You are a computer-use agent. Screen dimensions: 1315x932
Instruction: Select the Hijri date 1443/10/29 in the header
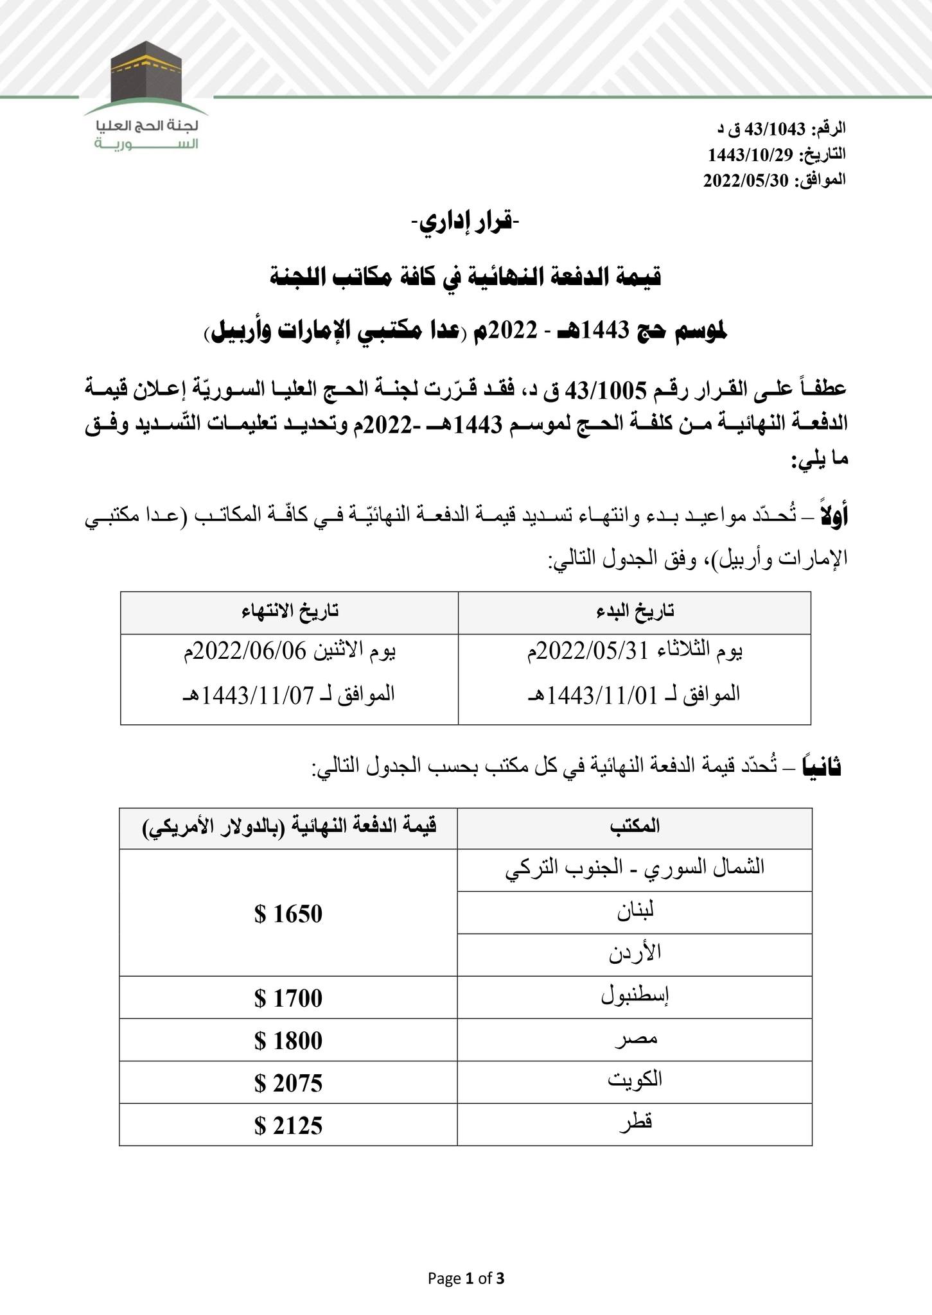tap(750, 155)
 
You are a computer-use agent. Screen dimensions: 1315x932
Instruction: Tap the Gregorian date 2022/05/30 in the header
tap(744, 180)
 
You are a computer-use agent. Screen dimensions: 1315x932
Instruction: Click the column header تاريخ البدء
tap(634, 612)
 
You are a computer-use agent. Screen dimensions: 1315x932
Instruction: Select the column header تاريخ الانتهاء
tap(289, 612)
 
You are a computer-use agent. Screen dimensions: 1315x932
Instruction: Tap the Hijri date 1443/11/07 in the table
tap(255, 694)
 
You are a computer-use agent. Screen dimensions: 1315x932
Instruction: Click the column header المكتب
tap(635, 826)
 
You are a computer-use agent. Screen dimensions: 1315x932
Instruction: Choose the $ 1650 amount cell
tap(288, 913)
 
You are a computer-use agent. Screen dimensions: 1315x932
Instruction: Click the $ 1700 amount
tap(288, 998)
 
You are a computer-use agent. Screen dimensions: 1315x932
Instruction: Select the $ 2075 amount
tap(288, 1083)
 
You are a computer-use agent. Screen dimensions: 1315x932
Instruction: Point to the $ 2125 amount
tap(288, 1126)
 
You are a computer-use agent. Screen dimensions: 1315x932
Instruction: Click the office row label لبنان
tap(635, 912)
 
